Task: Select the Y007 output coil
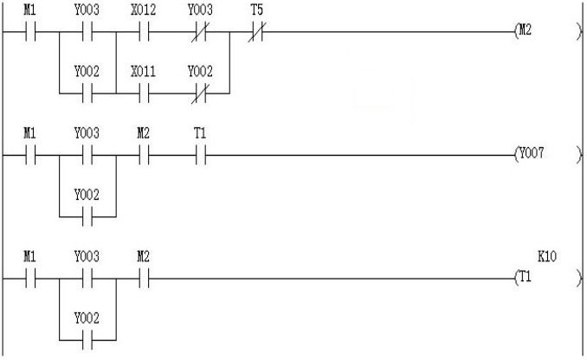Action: click(548, 154)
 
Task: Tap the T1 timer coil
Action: click(548, 278)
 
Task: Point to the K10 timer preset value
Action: click(547, 257)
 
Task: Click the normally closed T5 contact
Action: click(257, 32)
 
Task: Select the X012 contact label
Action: click(144, 10)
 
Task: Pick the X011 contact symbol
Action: click(144, 93)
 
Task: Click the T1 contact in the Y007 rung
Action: click(201, 155)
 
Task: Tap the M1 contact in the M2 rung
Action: click(30, 32)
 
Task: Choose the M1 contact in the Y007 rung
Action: click(30, 155)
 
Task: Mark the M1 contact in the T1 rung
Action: click(30, 279)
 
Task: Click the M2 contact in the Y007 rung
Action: click(144, 155)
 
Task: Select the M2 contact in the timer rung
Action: click(144, 279)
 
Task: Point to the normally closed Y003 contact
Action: click(200, 32)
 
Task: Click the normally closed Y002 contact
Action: click(200, 93)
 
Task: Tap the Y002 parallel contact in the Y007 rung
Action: click(87, 216)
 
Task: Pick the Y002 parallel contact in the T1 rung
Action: click(87, 340)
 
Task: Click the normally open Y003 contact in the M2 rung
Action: click(87, 32)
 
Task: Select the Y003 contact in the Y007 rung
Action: click(87, 155)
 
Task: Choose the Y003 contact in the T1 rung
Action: click(87, 279)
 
